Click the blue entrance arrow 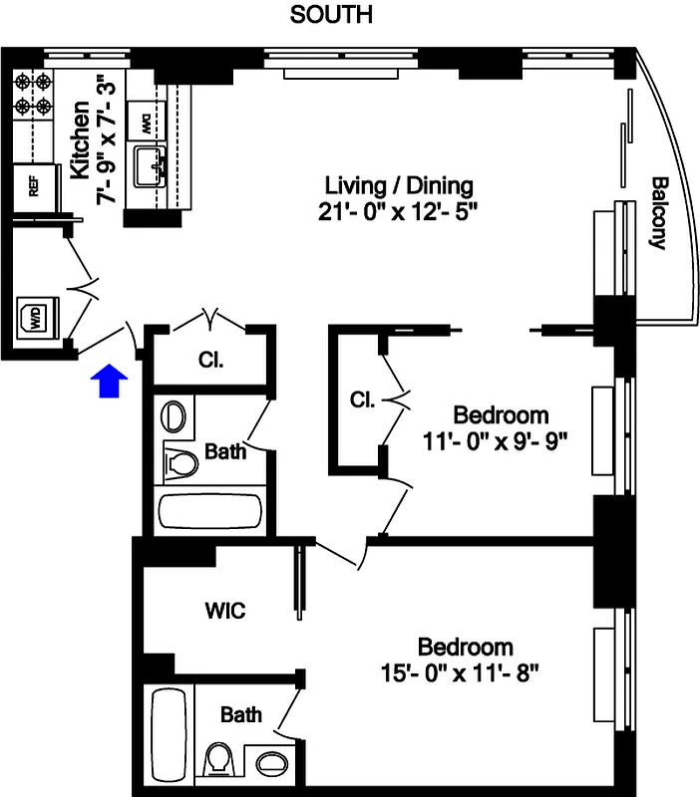(x=109, y=381)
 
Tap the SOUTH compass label (x=331, y=15)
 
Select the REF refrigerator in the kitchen (x=35, y=186)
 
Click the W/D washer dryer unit (x=35, y=318)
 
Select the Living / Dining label (x=399, y=185)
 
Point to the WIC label (x=224, y=610)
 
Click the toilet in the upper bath (x=180, y=462)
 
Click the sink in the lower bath (x=269, y=764)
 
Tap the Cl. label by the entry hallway (x=210, y=359)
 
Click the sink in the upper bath (x=176, y=415)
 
